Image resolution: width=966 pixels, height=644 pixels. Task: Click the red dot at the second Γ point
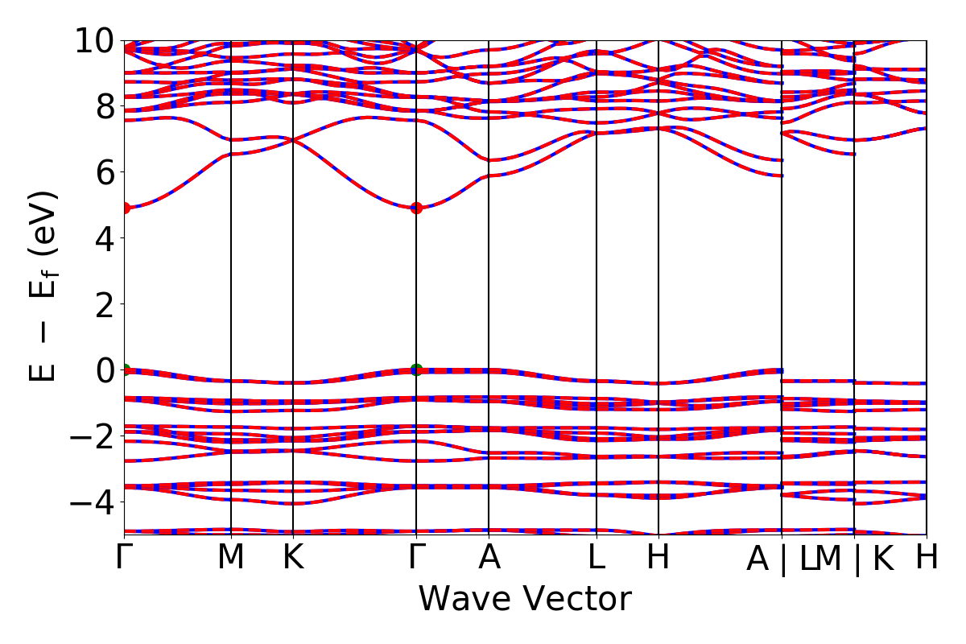(x=416, y=208)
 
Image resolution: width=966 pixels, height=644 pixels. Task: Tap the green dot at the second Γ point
(x=416, y=369)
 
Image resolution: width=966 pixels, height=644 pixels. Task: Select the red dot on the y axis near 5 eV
(x=125, y=208)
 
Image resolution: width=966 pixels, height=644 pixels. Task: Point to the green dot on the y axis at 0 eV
(x=125, y=369)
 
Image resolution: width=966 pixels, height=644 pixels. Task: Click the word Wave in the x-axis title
(x=461, y=600)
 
